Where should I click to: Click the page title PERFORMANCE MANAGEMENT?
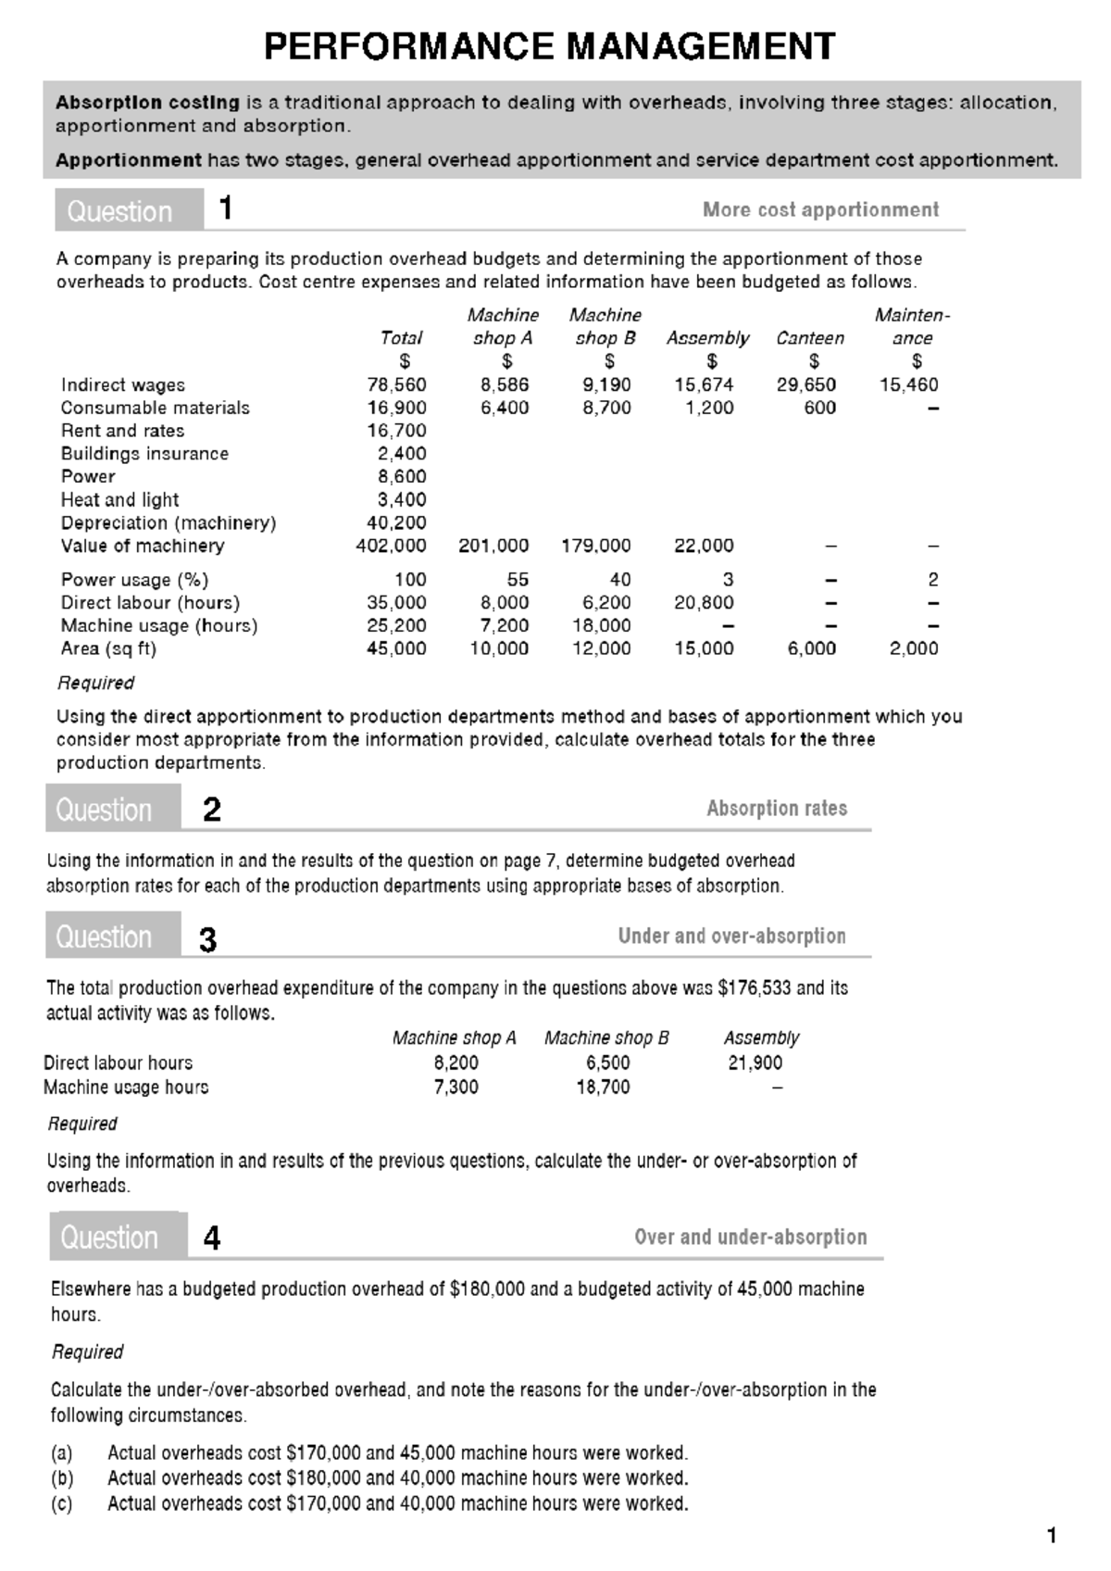click(x=549, y=46)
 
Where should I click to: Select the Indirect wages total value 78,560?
click(x=396, y=384)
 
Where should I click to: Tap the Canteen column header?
click(x=810, y=338)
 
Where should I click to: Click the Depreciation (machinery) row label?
click(x=169, y=522)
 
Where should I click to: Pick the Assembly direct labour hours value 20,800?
click(x=704, y=603)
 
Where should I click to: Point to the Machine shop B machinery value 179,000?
click(x=596, y=546)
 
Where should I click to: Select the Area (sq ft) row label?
click(x=108, y=648)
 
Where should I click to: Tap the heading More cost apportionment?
click(x=820, y=209)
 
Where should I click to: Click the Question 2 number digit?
click(x=212, y=810)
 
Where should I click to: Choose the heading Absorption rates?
click(x=777, y=808)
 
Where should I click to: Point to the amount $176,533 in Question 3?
click(x=754, y=987)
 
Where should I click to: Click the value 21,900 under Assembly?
click(x=755, y=1062)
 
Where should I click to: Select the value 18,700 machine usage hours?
click(x=603, y=1087)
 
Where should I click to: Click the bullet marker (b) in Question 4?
click(x=62, y=1477)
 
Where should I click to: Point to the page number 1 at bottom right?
click(x=1051, y=1536)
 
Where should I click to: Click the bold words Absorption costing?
click(x=147, y=102)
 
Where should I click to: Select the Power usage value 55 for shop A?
click(x=518, y=580)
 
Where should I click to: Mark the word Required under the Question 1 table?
click(x=95, y=683)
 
